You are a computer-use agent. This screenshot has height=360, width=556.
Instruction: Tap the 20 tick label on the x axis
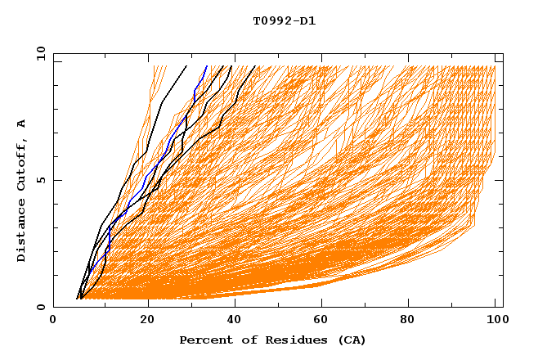(147, 322)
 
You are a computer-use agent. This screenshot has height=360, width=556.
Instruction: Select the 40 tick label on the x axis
(235, 322)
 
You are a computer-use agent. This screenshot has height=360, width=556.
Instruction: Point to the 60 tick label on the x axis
(324, 322)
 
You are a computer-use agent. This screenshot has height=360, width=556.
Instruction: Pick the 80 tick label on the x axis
(412, 322)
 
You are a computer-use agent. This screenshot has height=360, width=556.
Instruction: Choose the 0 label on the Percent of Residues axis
(53, 322)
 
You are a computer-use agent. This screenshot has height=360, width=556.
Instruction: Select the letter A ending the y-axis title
(22, 124)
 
